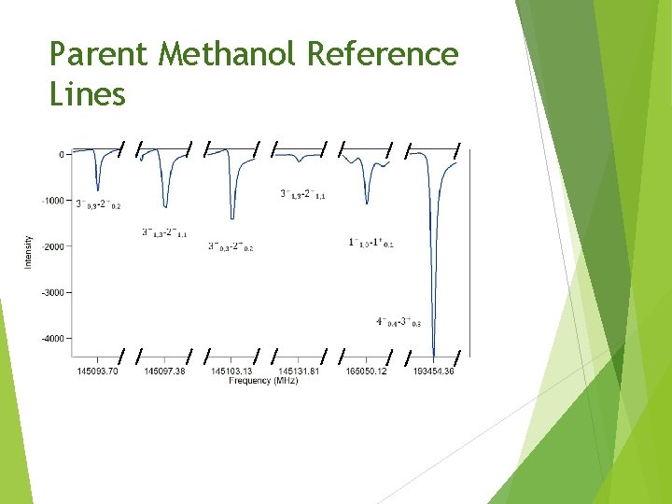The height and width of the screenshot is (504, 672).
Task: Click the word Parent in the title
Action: coord(98,55)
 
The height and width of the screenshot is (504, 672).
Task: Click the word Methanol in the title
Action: coord(228,55)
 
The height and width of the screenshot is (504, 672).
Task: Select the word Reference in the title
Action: coord(383,55)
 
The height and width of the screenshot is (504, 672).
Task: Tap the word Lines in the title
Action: coord(88,94)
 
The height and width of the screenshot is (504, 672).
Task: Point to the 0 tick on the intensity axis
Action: coord(61,154)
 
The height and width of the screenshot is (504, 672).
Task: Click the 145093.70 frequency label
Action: coord(97,371)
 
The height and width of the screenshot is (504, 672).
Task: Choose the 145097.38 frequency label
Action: coord(164,371)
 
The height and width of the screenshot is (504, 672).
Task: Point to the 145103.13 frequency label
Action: coord(231,371)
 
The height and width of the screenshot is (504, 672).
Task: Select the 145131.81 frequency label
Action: coord(299,371)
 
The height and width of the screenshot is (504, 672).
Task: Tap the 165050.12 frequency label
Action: coord(366,371)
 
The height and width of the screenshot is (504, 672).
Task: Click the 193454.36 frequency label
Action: coord(433,371)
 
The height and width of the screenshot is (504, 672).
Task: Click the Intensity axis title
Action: coord(28,252)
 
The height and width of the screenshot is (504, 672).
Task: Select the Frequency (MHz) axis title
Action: coord(264,381)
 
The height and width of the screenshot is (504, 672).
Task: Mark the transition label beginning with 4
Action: coord(399,322)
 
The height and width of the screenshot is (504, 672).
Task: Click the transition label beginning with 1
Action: coord(371,243)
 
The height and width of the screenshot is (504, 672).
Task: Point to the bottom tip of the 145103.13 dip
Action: coord(231,217)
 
